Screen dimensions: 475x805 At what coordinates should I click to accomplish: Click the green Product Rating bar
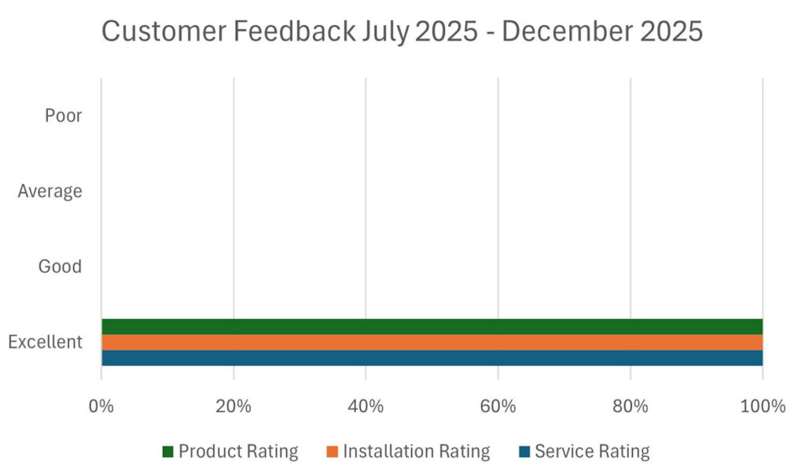click(x=432, y=327)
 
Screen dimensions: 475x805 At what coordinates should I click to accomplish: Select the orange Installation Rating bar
click(x=432, y=342)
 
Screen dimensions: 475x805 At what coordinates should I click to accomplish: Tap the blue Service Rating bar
click(x=432, y=358)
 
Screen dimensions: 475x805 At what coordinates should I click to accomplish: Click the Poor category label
click(x=63, y=116)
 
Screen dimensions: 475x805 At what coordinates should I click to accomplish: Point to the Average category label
click(x=50, y=191)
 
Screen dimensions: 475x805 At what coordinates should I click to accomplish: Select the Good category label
click(x=60, y=267)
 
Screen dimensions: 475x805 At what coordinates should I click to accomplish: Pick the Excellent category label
click(x=45, y=342)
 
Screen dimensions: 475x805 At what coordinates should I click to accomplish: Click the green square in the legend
click(x=167, y=452)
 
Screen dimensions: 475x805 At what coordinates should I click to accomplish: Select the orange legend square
click(x=331, y=452)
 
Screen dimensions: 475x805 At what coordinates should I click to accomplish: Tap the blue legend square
click(x=524, y=452)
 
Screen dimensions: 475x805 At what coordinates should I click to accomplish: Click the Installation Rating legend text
click(x=416, y=451)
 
